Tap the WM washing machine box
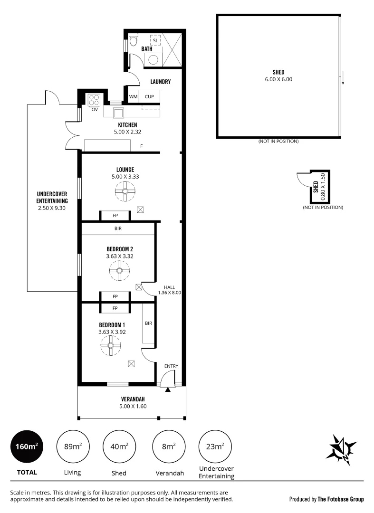click(x=133, y=96)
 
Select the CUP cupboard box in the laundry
click(x=149, y=96)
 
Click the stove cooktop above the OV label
click(x=94, y=100)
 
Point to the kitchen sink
click(x=118, y=112)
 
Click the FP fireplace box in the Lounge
click(x=115, y=216)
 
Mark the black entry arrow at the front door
click(x=168, y=389)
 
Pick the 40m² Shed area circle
click(x=119, y=446)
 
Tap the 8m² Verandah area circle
click(x=167, y=446)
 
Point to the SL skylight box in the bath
click(x=155, y=40)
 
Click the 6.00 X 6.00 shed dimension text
click(x=279, y=79)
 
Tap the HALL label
click(x=170, y=287)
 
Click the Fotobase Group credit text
click(x=326, y=499)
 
